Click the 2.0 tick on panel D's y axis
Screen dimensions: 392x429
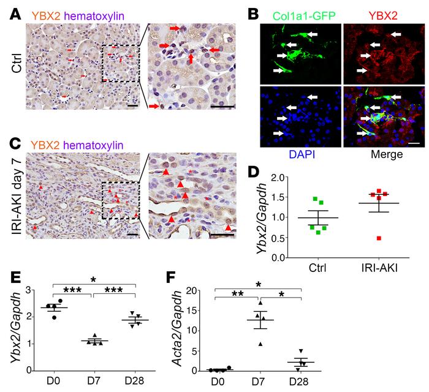(279, 178)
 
